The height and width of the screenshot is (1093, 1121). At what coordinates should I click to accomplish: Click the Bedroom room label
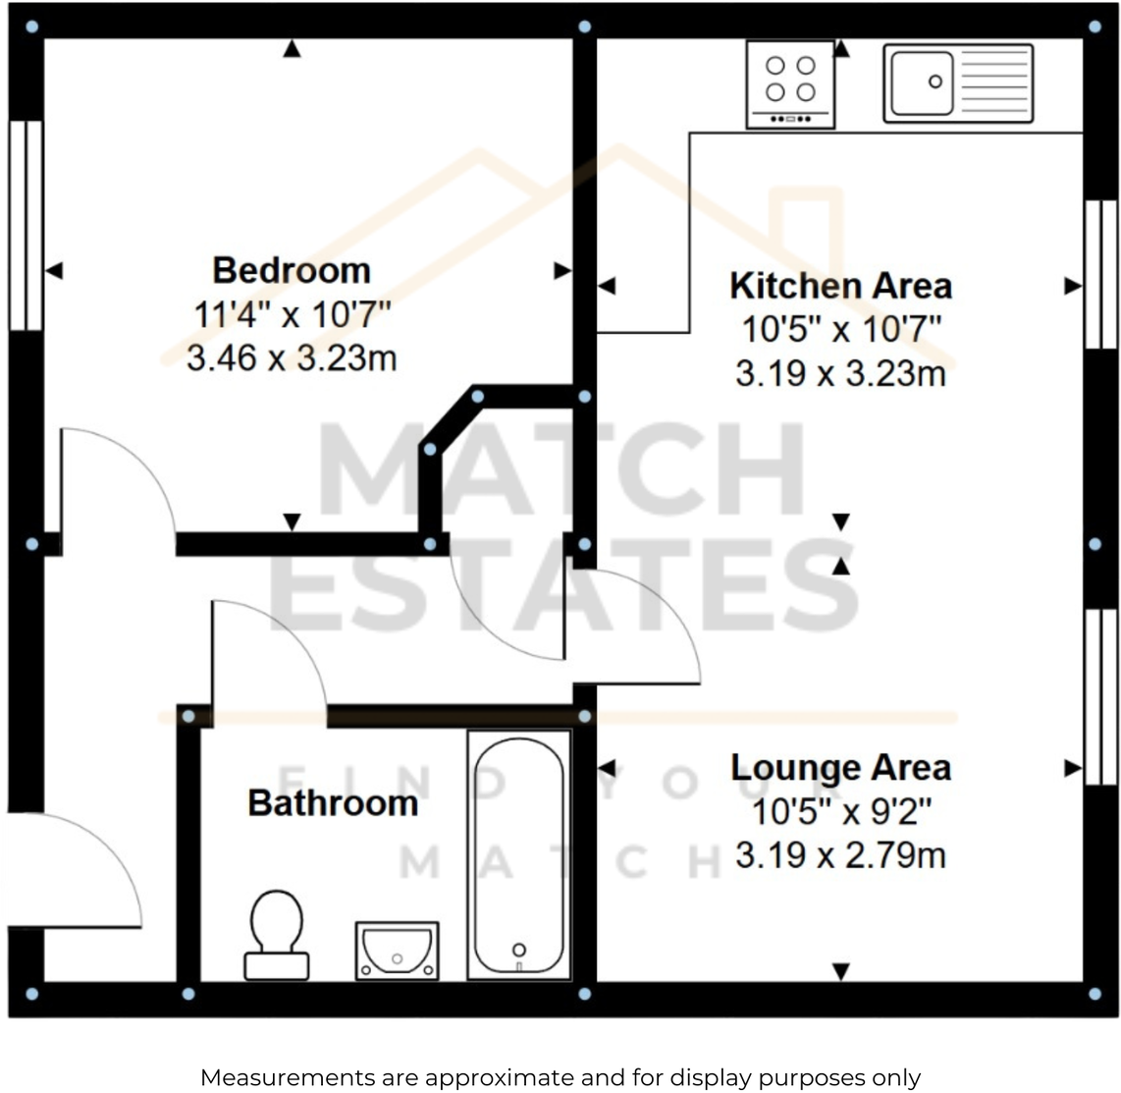pyautogui.click(x=292, y=270)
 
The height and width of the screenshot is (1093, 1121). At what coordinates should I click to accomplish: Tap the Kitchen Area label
pyautogui.click(x=840, y=286)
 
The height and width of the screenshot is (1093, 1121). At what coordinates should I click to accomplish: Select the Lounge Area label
pyautogui.click(x=840, y=768)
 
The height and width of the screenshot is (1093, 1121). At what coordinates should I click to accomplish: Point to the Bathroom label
pyautogui.click(x=333, y=803)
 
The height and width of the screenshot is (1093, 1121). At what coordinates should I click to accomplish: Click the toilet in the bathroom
pyautogui.click(x=276, y=934)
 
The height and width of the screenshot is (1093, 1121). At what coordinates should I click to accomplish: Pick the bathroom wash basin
pyautogui.click(x=397, y=950)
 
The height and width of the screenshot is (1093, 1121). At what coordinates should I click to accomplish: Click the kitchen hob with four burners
pyautogui.click(x=790, y=83)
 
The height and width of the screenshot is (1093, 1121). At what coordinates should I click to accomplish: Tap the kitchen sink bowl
pyautogui.click(x=922, y=82)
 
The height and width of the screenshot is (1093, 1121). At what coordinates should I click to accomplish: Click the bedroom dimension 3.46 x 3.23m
pyautogui.click(x=292, y=358)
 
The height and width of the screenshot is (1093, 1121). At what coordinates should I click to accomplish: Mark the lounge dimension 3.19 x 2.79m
pyautogui.click(x=840, y=856)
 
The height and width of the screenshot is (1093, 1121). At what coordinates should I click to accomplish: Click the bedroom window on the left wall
pyautogui.click(x=27, y=225)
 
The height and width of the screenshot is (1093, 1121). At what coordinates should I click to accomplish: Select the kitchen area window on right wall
pyautogui.click(x=1100, y=274)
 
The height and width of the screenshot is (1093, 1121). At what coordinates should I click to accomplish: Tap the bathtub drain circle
pyautogui.click(x=518, y=949)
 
